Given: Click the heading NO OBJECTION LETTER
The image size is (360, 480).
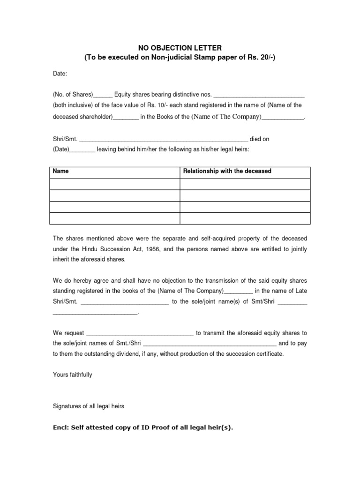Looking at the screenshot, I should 180,48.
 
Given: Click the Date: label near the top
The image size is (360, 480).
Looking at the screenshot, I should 60,74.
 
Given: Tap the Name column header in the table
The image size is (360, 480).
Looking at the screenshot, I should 60,171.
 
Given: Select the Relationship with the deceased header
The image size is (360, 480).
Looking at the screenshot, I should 227,171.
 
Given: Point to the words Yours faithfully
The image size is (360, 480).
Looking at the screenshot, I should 72,375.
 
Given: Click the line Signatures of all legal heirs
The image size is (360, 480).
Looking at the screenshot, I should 88,406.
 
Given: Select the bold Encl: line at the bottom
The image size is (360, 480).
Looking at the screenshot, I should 142,427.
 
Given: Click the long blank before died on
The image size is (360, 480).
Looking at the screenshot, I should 163,140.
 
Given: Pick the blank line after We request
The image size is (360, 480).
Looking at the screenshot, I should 140,333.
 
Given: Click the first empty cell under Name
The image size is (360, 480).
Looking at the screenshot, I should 114,184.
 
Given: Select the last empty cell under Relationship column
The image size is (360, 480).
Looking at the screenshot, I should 245,218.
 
